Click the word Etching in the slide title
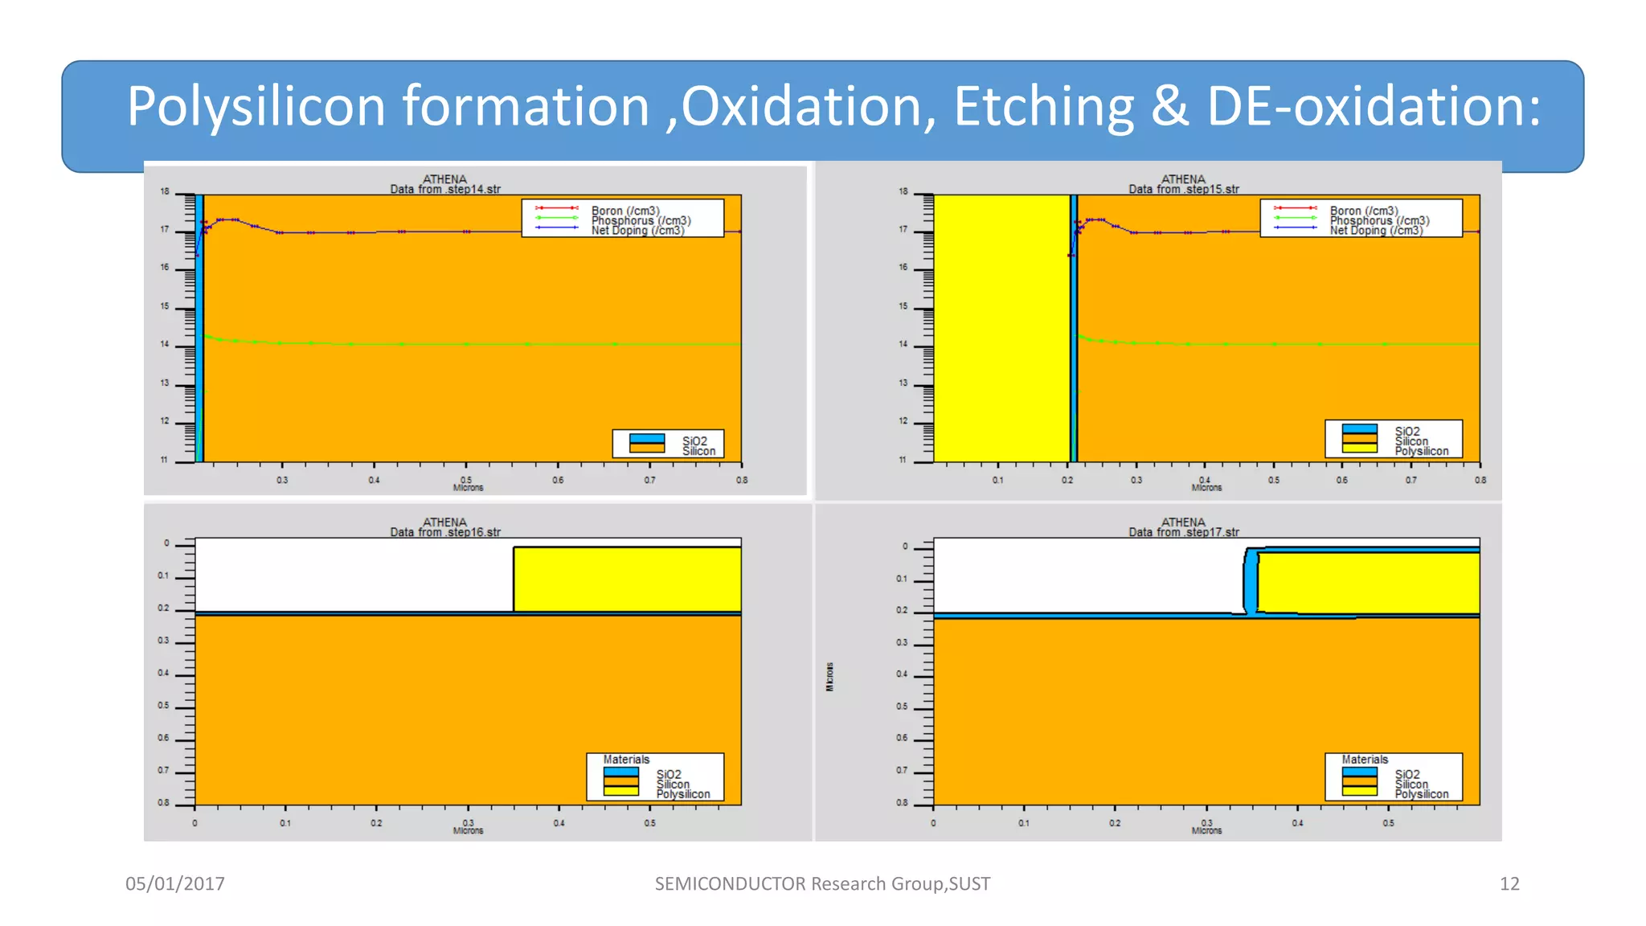pos(1043,106)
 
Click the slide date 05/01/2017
pos(174,883)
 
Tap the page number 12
pos(1509,883)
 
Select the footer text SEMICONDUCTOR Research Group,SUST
pos(822,883)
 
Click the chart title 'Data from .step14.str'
pos(445,189)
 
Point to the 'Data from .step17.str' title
pos(1183,532)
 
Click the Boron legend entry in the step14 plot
pos(624,211)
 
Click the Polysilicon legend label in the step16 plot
pos(682,794)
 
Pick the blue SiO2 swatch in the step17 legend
pos(1359,772)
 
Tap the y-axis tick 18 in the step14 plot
pos(165,192)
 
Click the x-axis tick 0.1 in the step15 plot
pos(997,480)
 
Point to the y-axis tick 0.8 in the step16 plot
pos(163,803)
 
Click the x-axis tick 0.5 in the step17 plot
pos(1388,823)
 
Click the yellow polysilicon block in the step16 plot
pos(627,579)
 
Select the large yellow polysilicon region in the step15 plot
pos(1001,328)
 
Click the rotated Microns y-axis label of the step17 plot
pos(829,677)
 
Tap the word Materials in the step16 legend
pos(626,760)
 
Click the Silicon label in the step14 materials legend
pos(698,451)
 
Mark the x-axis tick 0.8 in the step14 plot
pos(741,480)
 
